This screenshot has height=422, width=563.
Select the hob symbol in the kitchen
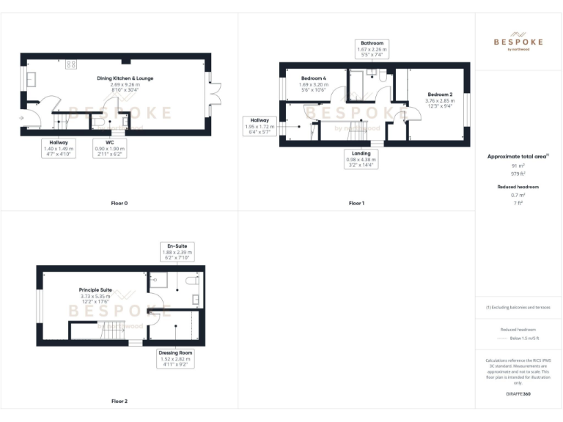[x=71, y=64]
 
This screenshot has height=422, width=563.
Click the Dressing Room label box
[x=174, y=358]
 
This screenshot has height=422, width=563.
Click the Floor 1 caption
[x=356, y=203]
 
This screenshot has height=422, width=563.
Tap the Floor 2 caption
[x=119, y=401]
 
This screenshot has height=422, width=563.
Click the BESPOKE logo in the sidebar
[x=518, y=42]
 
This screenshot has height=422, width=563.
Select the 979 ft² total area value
[x=518, y=174]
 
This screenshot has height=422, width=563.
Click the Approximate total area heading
[x=518, y=157]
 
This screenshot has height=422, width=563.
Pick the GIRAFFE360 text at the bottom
[x=518, y=394]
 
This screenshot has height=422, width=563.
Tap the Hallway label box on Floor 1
[x=260, y=125]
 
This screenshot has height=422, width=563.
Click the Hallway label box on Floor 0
[x=59, y=148]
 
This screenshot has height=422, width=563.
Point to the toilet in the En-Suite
[x=192, y=281]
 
